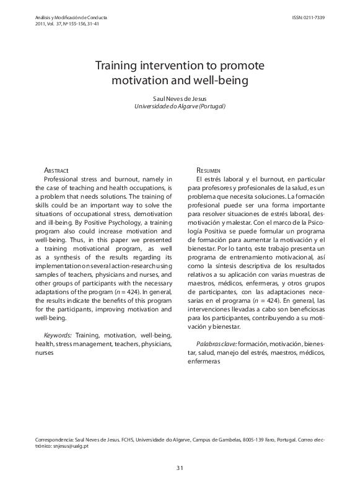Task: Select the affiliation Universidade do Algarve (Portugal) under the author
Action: click(x=180, y=107)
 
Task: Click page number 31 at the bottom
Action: click(x=180, y=468)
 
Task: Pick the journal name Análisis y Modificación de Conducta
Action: click(x=72, y=18)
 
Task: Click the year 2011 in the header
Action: click(x=44, y=25)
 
